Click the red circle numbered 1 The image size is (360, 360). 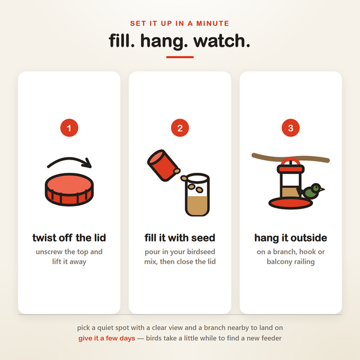pos(69,128)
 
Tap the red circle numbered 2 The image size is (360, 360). pos(180,128)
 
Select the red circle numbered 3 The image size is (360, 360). pos(290,128)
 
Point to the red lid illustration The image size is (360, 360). pos(70,190)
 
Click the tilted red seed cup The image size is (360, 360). pos(163,166)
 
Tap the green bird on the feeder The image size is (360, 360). pos(312,191)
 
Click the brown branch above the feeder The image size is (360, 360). pos(290,158)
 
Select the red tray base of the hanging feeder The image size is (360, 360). pos(290,203)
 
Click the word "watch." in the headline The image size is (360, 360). pos(221,41)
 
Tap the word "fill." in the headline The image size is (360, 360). pos(122,41)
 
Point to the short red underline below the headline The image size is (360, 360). pos(180,57)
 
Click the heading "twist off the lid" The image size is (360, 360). pos(69,238)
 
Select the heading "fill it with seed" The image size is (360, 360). pos(180,238)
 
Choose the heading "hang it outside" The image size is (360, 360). pos(290,238)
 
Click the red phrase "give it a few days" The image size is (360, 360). pos(107,338)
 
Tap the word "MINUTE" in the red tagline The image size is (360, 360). pos(213,23)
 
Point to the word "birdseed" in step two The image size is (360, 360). pos(201,251)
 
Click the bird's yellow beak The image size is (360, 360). pos(322,189)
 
